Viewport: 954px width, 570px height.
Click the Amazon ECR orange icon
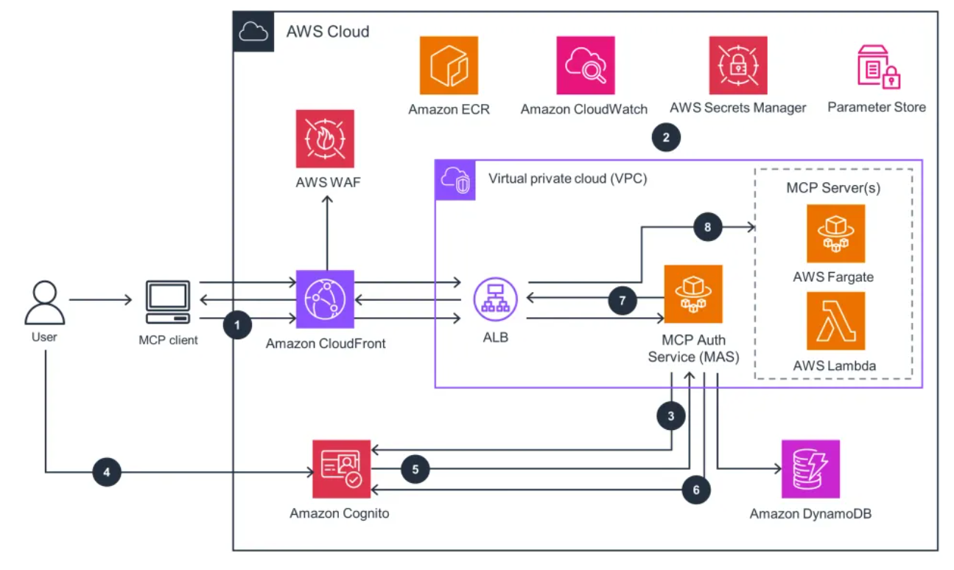(x=449, y=66)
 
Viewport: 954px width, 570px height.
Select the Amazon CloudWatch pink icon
(x=585, y=66)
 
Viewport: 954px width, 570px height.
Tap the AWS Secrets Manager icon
(x=738, y=66)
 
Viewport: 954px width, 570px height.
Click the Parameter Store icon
(x=877, y=67)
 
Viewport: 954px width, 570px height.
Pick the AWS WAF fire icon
(x=325, y=139)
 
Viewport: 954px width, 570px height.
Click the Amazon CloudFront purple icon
(x=325, y=299)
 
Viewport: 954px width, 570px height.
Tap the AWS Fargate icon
(x=835, y=234)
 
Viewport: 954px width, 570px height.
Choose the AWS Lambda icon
(x=835, y=321)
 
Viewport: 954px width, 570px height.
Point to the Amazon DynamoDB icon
(x=810, y=469)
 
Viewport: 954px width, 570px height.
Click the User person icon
(x=45, y=302)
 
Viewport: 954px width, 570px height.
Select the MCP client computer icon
(x=167, y=302)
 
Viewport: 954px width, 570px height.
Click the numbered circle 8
(x=707, y=226)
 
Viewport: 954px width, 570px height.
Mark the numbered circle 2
(x=666, y=137)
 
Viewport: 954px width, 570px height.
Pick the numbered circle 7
(x=622, y=300)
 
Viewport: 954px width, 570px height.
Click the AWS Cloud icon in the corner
(x=253, y=31)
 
